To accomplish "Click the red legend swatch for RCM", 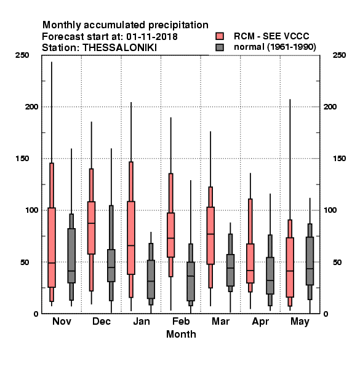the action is pos(220,36).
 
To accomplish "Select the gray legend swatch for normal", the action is pos(220,47).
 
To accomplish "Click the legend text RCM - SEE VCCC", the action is pos(271,36).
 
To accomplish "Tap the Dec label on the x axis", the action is pos(102,321).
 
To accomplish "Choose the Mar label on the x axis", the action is pos(220,321).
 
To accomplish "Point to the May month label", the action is pos(300,322).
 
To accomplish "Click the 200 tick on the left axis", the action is pos(31,106).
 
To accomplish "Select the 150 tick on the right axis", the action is pos(339,159).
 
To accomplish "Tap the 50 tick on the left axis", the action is pos(25,262).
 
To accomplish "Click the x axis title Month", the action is pos(181,334).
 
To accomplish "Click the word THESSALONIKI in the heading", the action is pos(119,48).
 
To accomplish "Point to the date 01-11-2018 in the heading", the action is pos(152,37).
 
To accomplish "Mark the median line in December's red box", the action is pos(91,223).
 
